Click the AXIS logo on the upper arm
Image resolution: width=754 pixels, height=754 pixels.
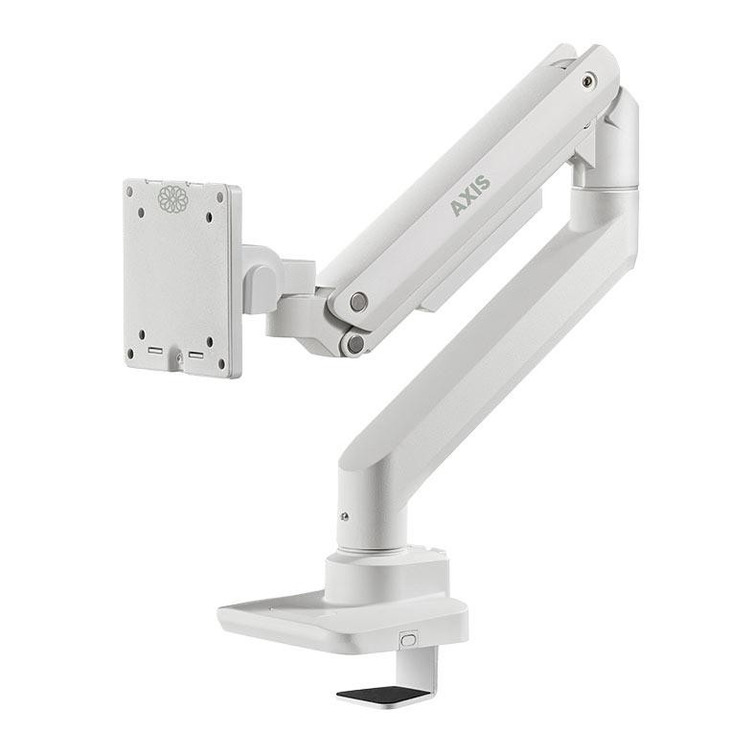[470, 195]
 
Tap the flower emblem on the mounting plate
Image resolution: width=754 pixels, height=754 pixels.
[172, 198]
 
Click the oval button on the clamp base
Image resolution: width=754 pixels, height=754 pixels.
[408, 640]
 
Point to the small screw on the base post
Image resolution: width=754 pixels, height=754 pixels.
[344, 517]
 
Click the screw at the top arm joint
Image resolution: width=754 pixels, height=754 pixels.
[587, 80]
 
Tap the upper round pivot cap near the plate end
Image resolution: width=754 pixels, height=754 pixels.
[358, 302]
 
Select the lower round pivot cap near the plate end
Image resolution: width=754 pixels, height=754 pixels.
[355, 343]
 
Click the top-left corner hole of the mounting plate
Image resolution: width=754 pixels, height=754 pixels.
[129, 192]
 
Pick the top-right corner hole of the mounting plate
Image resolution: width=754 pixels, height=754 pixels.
[220, 197]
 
